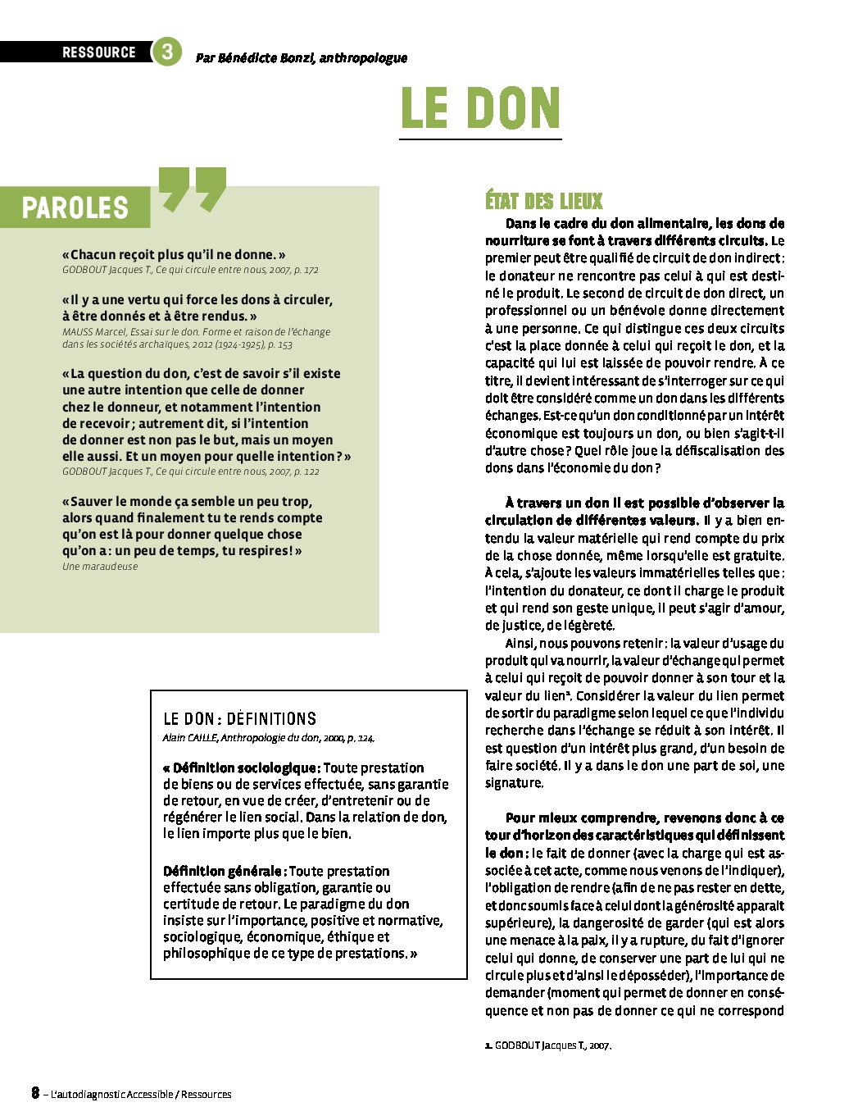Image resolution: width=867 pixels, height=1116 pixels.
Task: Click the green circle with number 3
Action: tap(166, 52)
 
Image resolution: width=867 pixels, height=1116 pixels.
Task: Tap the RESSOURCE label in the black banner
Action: tap(98, 52)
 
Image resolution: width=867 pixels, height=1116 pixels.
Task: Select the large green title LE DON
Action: tap(480, 109)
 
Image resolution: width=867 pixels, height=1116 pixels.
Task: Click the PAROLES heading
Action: tap(75, 208)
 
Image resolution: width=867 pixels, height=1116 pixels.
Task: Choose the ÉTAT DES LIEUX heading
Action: tap(543, 201)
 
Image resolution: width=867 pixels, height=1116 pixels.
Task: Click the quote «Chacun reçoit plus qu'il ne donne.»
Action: tap(174, 255)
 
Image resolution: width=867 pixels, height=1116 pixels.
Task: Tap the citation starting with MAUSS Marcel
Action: tap(196, 338)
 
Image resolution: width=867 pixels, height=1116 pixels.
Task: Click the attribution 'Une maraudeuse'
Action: tap(100, 567)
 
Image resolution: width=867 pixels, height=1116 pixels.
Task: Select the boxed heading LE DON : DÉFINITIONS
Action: tap(239, 719)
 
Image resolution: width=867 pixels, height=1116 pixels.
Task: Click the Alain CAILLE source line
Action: tap(268, 738)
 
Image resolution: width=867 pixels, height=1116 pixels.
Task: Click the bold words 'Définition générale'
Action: tap(225, 872)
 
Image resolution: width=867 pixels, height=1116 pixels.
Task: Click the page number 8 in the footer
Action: tap(35, 1093)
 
